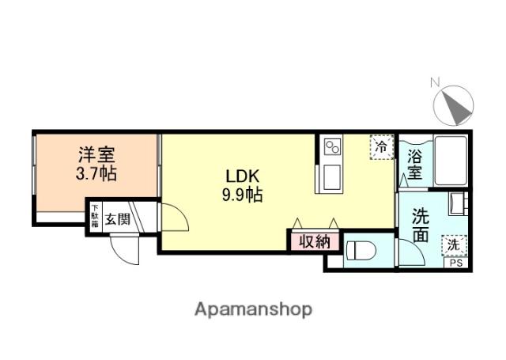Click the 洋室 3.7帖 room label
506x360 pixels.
pos(96,164)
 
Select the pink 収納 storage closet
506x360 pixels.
pos(314,241)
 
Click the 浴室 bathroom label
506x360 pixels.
pos(413,164)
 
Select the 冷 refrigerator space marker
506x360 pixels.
pos(382,148)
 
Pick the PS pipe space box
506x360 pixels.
pos(457,263)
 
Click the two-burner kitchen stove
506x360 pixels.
pos(331,147)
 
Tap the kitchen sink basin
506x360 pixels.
pos(330,176)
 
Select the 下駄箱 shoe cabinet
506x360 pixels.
pos(94,218)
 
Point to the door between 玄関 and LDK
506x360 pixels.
pos(176,218)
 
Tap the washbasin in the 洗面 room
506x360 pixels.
pos(459,205)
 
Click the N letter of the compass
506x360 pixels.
pos(434,81)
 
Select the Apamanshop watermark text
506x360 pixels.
pos(253,309)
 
